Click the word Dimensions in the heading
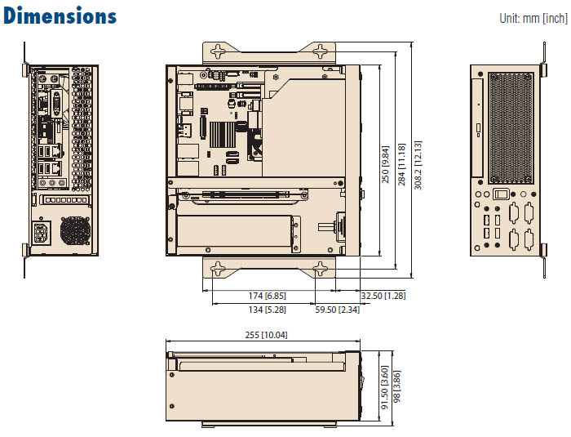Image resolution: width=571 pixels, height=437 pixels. [60, 16]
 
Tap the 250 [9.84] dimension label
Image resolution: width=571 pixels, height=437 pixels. [386, 164]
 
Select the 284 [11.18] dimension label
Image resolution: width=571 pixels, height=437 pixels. [402, 164]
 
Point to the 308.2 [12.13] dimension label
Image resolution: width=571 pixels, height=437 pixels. [418, 164]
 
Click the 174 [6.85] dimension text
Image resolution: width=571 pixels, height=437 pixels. [266, 296]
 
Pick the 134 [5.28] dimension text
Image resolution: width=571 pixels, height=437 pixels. [266, 310]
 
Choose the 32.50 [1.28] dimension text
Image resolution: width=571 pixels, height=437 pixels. [383, 296]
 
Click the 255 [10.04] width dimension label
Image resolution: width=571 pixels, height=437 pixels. [266, 335]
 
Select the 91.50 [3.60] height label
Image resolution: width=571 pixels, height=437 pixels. [384, 389]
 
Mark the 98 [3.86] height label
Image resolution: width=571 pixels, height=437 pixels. [398, 389]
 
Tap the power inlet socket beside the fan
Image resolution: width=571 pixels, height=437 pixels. [42, 232]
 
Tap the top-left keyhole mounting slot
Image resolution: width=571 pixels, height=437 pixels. [219, 51]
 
